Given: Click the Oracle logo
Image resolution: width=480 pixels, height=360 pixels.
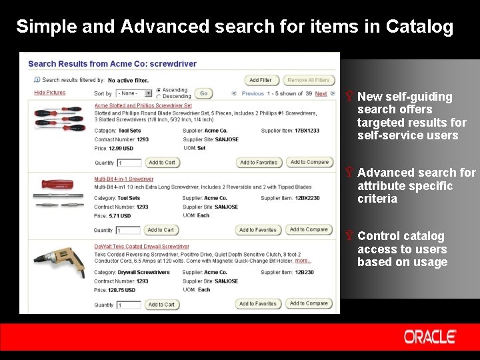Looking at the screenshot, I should [x=429, y=337].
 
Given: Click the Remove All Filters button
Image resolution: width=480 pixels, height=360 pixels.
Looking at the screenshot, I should [x=308, y=80].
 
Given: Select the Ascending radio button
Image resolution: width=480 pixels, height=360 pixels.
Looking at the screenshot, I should [x=159, y=90].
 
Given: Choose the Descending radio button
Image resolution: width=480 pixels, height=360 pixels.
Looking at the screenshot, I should [x=159, y=96].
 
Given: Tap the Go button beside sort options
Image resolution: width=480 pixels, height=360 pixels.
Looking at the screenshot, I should [x=203, y=93].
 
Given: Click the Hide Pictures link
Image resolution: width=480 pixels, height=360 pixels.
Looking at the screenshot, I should [x=50, y=93].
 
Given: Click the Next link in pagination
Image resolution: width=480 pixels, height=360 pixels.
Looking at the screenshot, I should [x=321, y=94].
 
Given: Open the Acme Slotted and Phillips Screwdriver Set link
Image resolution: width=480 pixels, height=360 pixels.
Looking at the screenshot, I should [x=143, y=105].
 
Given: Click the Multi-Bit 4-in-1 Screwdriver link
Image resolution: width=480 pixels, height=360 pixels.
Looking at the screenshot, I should [x=123, y=179].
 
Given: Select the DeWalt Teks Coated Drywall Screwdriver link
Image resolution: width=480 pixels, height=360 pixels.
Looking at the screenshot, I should [x=141, y=247].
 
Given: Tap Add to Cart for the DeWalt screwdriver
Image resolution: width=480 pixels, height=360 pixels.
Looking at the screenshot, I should [x=161, y=305].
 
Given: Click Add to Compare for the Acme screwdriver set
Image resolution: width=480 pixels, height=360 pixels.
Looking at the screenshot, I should [x=309, y=162].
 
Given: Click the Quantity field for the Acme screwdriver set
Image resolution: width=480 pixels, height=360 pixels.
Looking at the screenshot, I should [x=128, y=163].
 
